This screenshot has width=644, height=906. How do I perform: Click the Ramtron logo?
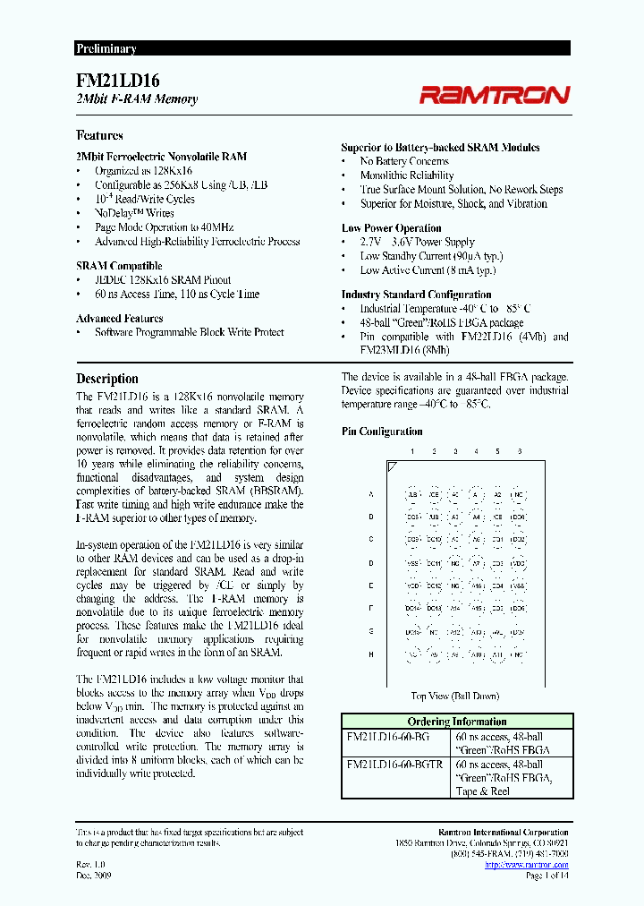point(495,94)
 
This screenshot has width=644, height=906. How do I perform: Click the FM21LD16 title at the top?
point(118,80)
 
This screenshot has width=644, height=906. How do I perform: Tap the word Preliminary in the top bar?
point(106,48)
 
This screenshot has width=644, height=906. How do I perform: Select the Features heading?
point(99,135)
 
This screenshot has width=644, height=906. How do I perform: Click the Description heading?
point(106,379)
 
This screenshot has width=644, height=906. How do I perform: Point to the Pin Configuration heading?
point(382,432)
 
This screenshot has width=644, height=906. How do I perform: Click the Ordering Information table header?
point(456,722)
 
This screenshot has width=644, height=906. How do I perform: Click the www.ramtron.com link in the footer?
point(538,865)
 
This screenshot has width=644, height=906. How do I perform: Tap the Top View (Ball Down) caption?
point(454,696)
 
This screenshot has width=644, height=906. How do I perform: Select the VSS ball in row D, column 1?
point(412,563)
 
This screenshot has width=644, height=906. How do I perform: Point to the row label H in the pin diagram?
point(370,655)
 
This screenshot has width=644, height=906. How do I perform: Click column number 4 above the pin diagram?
point(476,451)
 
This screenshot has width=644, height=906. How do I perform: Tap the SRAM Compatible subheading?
point(119,266)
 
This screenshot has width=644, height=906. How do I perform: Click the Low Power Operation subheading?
point(391,228)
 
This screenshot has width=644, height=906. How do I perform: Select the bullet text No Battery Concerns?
point(404,161)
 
